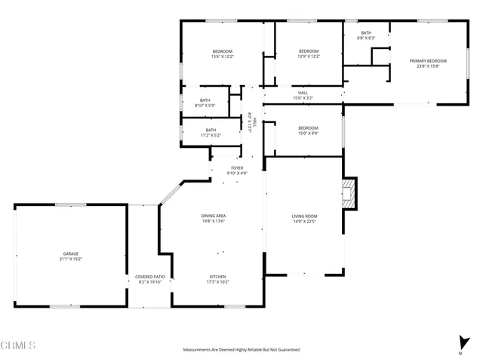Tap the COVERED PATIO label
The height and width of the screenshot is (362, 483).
pyautogui.click(x=149, y=277)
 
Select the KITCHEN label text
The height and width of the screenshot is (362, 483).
pyautogui.click(x=217, y=277)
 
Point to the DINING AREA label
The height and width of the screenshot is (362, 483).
pyautogui.click(x=214, y=216)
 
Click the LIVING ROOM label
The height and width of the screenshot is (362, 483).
pyautogui.click(x=304, y=216)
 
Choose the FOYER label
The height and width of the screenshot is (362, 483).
pyautogui.click(x=237, y=167)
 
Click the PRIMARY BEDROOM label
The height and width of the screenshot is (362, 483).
pyautogui.click(x=428, y=60)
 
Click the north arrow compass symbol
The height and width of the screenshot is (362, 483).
pyautogui.click(x=460, y=343)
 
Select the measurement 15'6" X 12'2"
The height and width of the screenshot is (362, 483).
pyautogui.click(x=223, y=57)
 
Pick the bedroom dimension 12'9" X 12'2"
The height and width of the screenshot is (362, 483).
pyautogui.click(x=308, y=57)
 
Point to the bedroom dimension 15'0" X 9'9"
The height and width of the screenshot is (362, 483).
pyautogui.click(x=308, y=133)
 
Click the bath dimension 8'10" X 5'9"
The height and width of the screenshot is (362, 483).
pyautogui.click(x=205, y=106)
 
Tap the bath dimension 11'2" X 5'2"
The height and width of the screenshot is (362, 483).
pyautogui.click(x=211, y=135)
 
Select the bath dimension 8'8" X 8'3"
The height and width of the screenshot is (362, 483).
pyautogui.click(x=366, y=38)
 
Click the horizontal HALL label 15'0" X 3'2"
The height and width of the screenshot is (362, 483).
pyautogui.click(x=303, y=97)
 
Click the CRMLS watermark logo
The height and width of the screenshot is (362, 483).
pyautogui.click(x=18, y=345)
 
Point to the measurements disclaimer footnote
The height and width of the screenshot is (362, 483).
pyautogui.click(x=241, y=350)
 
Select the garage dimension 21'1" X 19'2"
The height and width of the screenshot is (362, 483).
pyautogui.click(x=71, y=259)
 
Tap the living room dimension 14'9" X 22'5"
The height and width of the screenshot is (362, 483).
pyautogui.click(x=304, y=222)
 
